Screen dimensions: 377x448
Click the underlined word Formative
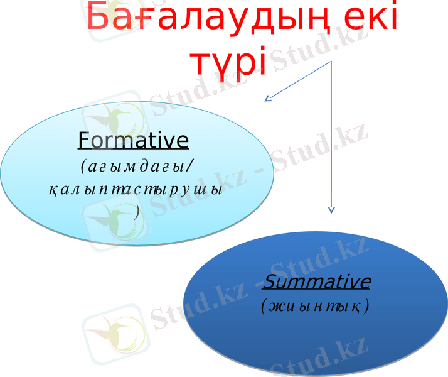(x=133, y=140)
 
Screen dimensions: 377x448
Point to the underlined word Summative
(x=317, y=281)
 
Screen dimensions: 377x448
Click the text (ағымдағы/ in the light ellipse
(x=136, y=167)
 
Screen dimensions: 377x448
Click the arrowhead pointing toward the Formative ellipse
(x=268, y=98)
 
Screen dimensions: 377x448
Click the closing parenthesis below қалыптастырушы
(x=137, y=212)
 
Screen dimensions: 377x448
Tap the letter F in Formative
(x=84, y=140)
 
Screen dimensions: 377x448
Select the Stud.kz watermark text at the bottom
(x=314, y=361)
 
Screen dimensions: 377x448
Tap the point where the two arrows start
(x=331, y=62)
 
